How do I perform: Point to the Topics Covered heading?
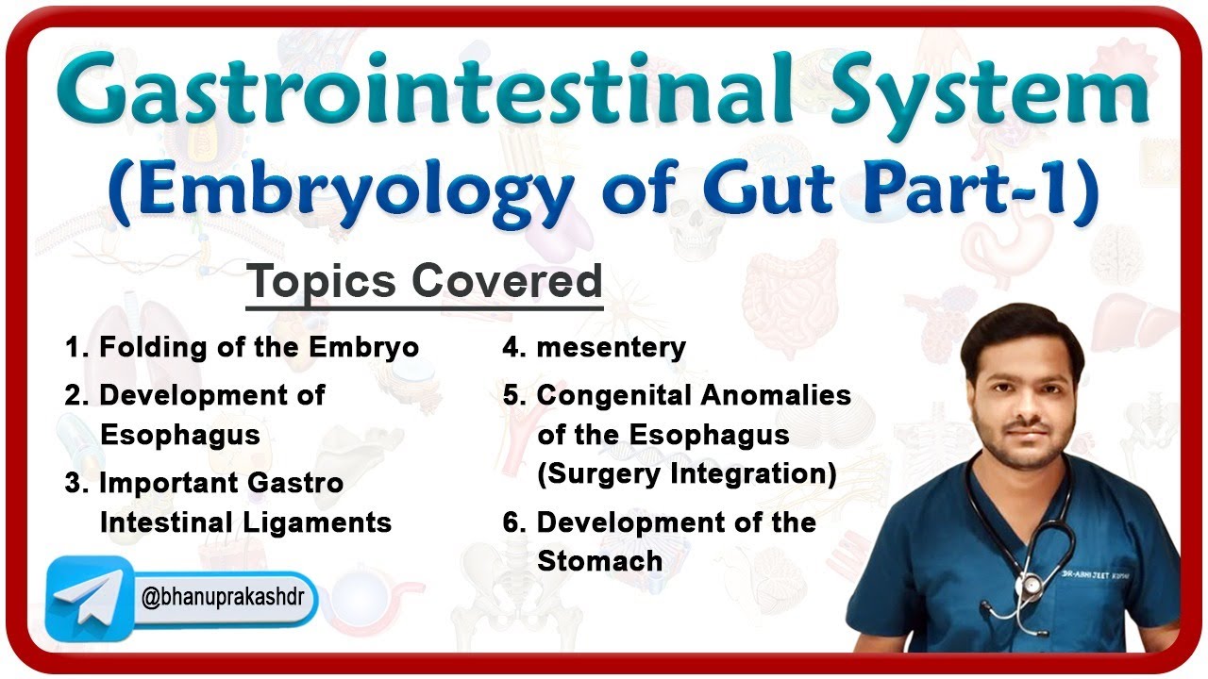(424, 282)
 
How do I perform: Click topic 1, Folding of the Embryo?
(242, 347)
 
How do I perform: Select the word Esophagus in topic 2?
(179, 435)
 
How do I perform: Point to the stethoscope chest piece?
(1032, 585)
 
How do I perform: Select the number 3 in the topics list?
(75, 483)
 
